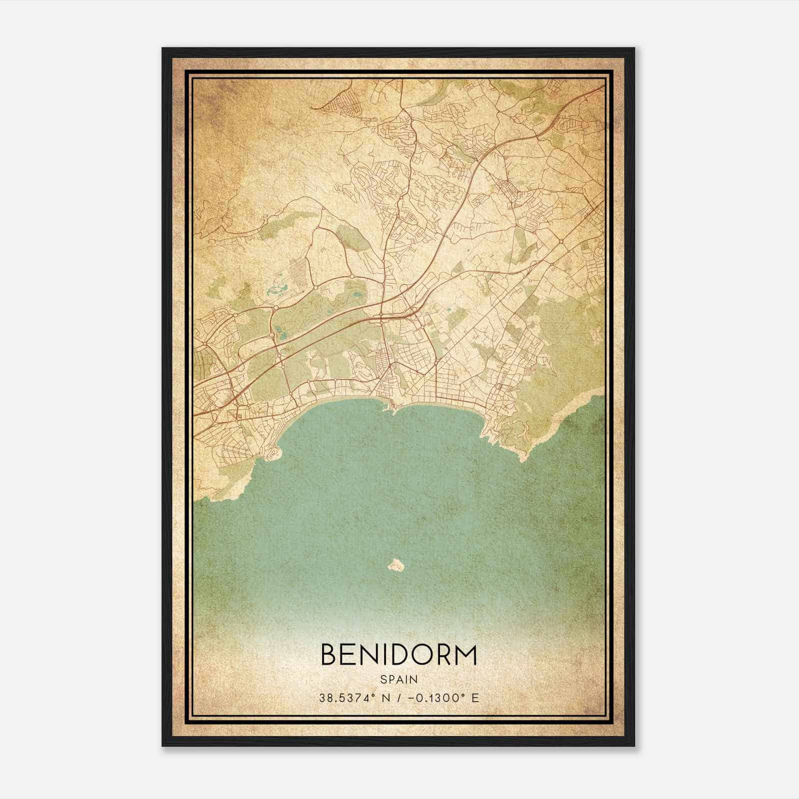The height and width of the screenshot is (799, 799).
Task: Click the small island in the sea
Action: (x=396, y=565)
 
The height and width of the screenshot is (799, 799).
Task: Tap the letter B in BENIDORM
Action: (x=330, y=655)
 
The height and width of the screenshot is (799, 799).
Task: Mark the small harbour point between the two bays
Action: (x=394, y=411)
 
